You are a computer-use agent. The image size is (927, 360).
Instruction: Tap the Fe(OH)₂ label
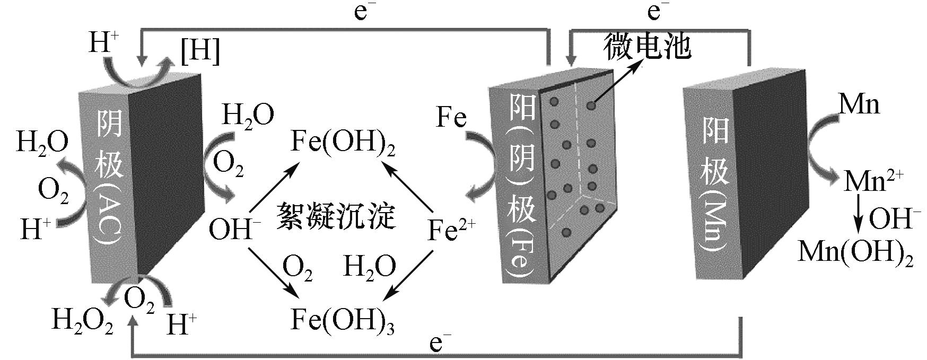coord(343,142)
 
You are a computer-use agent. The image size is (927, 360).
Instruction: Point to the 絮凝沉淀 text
coord(336,216)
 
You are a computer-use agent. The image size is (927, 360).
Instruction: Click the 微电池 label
coord(647,46)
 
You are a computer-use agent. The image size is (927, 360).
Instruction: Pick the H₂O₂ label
coord(82,320)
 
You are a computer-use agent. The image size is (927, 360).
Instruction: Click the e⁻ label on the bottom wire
coord(436,344)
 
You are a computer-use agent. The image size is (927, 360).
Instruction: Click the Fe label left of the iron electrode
coord(451,117)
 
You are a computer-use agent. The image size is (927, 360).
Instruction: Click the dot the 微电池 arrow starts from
coord(591,106)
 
